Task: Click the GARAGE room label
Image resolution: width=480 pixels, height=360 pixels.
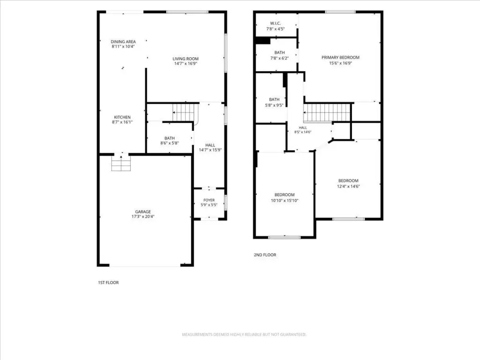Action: point(143,211)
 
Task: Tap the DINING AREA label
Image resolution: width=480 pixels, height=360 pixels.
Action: point(123,42)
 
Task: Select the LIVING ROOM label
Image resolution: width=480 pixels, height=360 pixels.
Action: point(186,59)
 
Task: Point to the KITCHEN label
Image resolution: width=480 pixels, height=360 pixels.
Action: point(122,117)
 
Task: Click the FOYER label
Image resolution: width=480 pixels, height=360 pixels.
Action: point(209,200)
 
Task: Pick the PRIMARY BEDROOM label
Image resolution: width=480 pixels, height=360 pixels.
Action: point(340,58)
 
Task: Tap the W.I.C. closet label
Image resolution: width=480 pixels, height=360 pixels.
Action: point(276,23)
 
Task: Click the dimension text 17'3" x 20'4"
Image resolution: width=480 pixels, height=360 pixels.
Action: point(143,217)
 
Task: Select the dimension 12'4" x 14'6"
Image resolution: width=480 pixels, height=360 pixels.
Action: point(348,186)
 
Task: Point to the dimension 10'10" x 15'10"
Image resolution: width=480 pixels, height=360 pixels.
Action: point(285,201)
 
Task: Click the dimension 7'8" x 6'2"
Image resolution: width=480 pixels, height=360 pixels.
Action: point(279,58)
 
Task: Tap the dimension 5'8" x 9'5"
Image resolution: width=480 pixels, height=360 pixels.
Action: point(274,105)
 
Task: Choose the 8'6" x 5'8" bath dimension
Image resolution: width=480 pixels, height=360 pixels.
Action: point(170,143)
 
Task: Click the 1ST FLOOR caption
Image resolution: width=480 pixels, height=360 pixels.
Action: point(108,283)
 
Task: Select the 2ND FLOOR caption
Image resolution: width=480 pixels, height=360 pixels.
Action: point(265,255)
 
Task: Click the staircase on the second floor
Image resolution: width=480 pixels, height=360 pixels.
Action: point(327,112)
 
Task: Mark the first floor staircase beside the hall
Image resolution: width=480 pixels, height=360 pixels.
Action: point(184,112)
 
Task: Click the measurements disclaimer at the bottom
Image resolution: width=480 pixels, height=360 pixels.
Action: point(244,335)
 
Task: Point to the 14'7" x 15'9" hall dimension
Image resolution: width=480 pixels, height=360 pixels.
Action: point(210,150)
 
